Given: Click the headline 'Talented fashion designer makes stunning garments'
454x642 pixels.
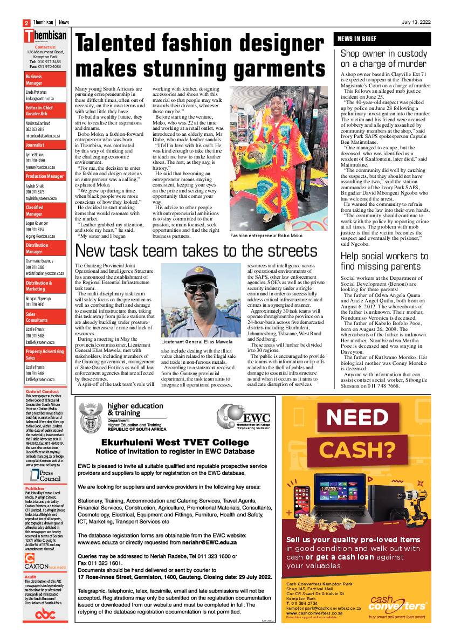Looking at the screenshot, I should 201,57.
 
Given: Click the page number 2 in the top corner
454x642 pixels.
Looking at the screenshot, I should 25,23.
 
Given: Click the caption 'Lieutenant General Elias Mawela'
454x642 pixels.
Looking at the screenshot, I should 197,342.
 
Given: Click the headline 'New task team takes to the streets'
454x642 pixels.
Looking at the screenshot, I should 196,251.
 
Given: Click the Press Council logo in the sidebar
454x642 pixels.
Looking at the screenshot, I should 42,475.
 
